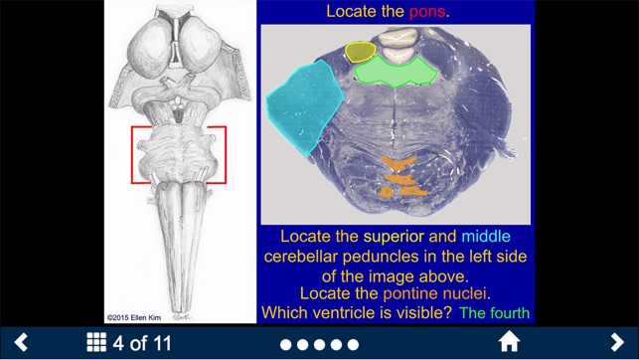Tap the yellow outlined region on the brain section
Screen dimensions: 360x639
point(360,51)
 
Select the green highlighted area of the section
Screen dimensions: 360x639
point(396,71)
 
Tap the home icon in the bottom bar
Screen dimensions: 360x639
point(509,343)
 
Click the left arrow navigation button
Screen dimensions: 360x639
point(20,343)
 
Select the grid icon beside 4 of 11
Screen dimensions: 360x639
point(96,343)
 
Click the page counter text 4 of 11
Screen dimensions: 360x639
point(142,344)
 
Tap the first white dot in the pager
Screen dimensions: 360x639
point(286,345)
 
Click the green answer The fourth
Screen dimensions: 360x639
point(495,313)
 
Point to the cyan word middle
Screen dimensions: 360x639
point(486,238)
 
